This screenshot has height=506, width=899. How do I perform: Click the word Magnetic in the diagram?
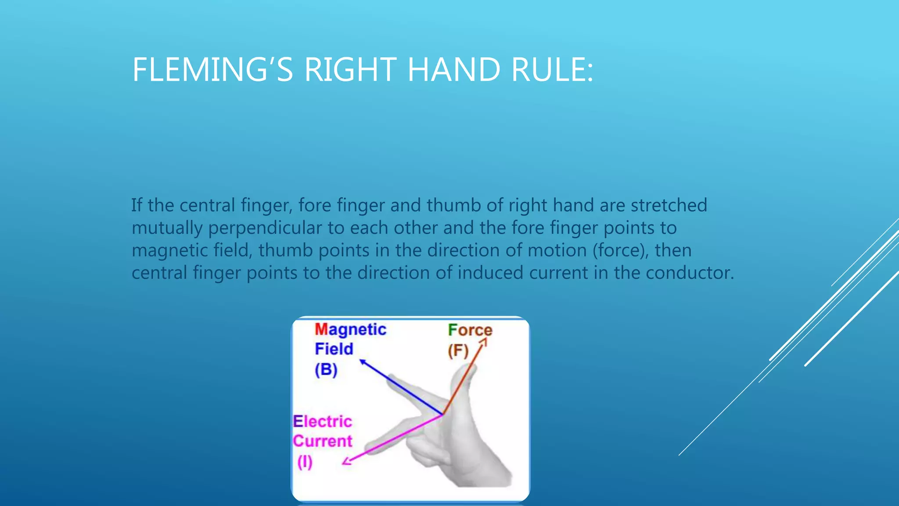pos(350,329)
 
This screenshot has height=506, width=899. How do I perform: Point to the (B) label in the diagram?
pos(326,369)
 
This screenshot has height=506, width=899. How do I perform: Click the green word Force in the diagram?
pos(470,330)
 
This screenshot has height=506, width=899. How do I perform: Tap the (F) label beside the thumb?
pos(458,351)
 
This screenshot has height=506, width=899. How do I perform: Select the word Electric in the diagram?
pos(322,421)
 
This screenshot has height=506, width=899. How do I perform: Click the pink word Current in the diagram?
pos(322,441)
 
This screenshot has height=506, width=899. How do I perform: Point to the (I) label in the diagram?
pos(305,462)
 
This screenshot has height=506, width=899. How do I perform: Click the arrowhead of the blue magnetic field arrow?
pos(362,361)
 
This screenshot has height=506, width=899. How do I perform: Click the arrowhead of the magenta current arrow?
pos(346,461)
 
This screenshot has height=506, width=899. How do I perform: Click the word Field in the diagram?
pos(334,349)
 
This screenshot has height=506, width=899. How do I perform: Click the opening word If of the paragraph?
pos(137,205)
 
